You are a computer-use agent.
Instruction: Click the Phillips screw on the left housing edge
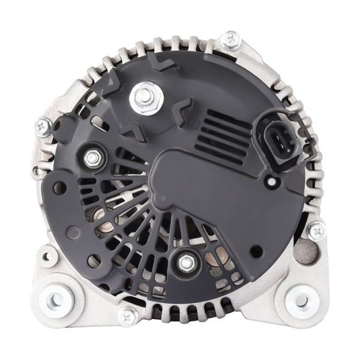coord(43,126)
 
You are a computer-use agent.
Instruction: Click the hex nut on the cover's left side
coord(92,158)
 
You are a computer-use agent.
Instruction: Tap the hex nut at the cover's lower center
coord(187,262)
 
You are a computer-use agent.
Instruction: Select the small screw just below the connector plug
coord(272,181)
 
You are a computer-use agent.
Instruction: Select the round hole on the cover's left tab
coord(60,188)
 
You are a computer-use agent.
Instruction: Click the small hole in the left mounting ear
coord(47,257)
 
